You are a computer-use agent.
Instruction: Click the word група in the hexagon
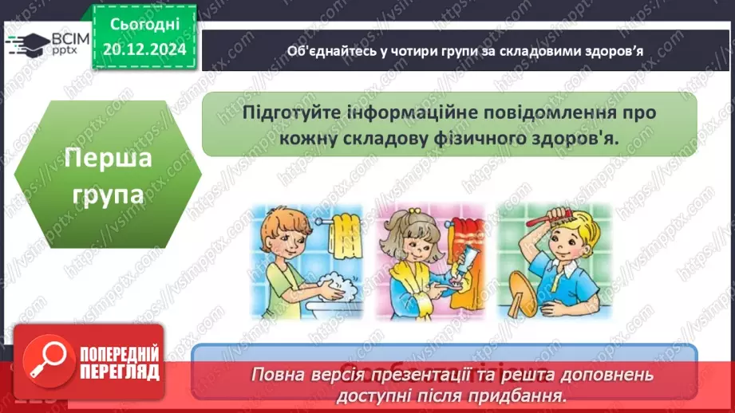pos(108,194)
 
